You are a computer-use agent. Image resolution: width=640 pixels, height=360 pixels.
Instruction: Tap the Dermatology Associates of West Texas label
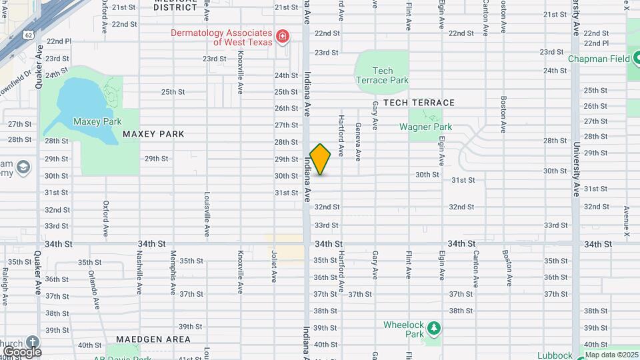point(212,37)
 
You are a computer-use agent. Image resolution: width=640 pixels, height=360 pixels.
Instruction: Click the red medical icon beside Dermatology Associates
point(283,36)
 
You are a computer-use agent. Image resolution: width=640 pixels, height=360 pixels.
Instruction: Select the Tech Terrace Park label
point(381,75)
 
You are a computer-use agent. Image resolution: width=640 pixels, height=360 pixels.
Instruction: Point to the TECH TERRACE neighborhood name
point(419,103)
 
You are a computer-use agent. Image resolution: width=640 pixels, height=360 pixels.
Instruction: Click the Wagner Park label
point(425,127)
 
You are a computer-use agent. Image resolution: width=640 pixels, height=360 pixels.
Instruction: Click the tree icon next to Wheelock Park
point(434,328)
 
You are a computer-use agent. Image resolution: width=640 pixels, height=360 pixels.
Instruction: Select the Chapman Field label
point(599,59)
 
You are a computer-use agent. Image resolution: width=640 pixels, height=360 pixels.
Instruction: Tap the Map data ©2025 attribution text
point(612,355)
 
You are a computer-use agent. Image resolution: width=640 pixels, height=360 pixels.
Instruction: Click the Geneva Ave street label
point(358,141)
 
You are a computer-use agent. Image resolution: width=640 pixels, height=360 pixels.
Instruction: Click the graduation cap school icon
point(24,166)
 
